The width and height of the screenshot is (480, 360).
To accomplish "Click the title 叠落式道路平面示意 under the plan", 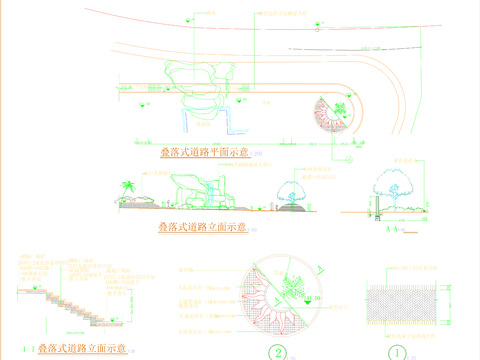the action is pos(203,152).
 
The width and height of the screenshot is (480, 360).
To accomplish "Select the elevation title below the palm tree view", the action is pos(201,228).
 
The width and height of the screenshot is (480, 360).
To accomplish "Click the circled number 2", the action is pos(278,352).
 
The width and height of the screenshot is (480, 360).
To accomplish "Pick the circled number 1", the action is pos(398,352).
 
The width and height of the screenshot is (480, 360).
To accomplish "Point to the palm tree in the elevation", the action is pos(128,187).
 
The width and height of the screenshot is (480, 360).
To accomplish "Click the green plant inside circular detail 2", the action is pos(292,284).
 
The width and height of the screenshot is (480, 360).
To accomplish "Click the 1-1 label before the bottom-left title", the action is pos(23,350).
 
